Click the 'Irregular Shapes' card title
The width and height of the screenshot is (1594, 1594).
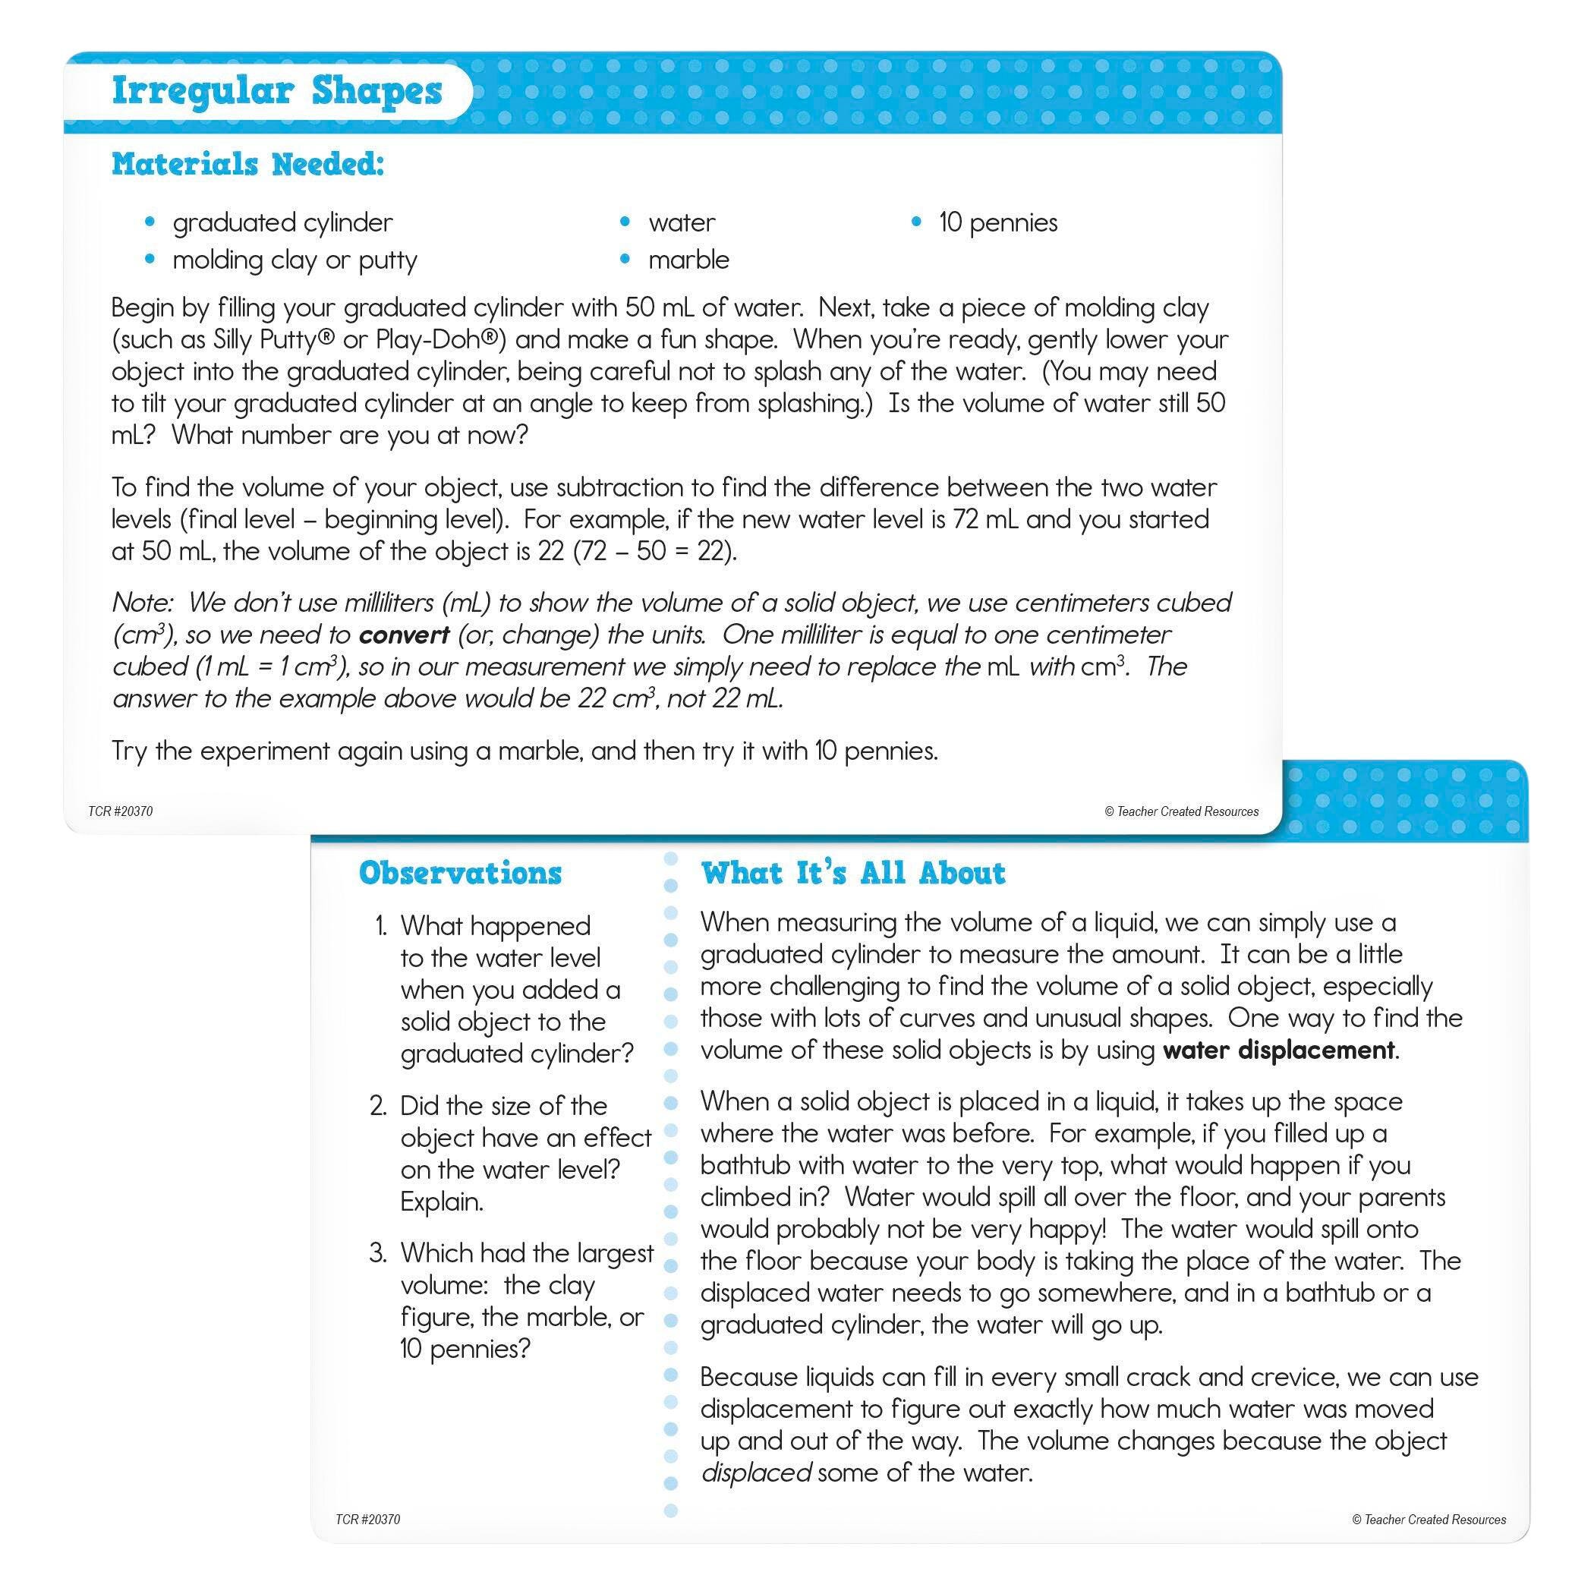[x=277, y=92]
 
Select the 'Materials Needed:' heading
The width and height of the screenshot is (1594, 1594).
[x=248, y=164]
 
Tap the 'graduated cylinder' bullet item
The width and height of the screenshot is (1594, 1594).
[x=282, y=222]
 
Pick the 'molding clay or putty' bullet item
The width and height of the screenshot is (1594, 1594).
[x=295, y=260]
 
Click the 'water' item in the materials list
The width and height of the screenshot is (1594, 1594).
[x=682, y=222]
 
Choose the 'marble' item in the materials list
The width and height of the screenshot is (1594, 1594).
[x=689, y=260]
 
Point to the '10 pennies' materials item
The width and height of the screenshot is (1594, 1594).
[x=997, y=222]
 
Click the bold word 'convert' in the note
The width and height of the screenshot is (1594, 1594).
[x=405, y=635]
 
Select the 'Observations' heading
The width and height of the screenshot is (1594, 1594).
[x=461, y=873]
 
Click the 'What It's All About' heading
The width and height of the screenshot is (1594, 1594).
[x=853, y=873]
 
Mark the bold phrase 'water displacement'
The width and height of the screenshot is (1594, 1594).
[x=1278, y=1051]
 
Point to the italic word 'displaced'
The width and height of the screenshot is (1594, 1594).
[x=756, y=1473]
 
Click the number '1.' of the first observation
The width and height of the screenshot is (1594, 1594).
[x=380, y=927]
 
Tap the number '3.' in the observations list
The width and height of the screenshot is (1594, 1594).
[x=379, y=1253]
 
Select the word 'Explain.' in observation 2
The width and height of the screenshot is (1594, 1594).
[x=443, y=1202]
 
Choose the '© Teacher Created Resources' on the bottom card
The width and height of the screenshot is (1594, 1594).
[x=1429, y=1520]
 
